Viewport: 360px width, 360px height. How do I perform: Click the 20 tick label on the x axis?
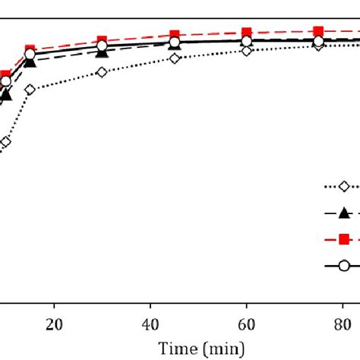click(53, 323)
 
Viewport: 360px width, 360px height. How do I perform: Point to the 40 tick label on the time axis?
click(150, 323)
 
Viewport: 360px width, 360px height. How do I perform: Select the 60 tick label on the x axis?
click(247, 323)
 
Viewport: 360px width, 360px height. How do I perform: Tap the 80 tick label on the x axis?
click(343, 323)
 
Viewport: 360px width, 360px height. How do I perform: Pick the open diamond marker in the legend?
click(343, 187)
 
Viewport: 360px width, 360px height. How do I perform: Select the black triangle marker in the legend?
click(343, 213)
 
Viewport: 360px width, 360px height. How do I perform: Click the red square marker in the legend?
click(343, 239)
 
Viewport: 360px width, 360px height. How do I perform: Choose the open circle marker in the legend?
click(343, 265)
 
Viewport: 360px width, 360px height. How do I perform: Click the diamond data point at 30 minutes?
click(102, 72)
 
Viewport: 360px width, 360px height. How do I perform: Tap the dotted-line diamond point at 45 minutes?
click(175, 58)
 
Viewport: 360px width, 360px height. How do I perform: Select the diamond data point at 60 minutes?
click(247, 50)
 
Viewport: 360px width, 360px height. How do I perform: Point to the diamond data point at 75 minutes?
click(319, 46)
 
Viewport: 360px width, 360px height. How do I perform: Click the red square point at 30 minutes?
click(102, 41)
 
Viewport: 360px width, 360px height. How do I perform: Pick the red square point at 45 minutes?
click(175, 36)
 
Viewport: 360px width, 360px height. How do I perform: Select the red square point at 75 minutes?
click(319, 32)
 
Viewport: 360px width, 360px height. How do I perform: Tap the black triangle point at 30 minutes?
click(102, 52)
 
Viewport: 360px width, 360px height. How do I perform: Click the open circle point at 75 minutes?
click(319, 41)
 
